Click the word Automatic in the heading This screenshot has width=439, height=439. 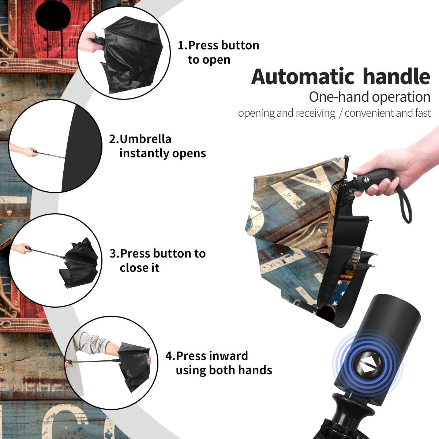[x=303, y=77]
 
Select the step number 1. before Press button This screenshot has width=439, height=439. [x=183, y=45]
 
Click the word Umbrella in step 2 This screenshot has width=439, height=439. [x=146, y=139]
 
